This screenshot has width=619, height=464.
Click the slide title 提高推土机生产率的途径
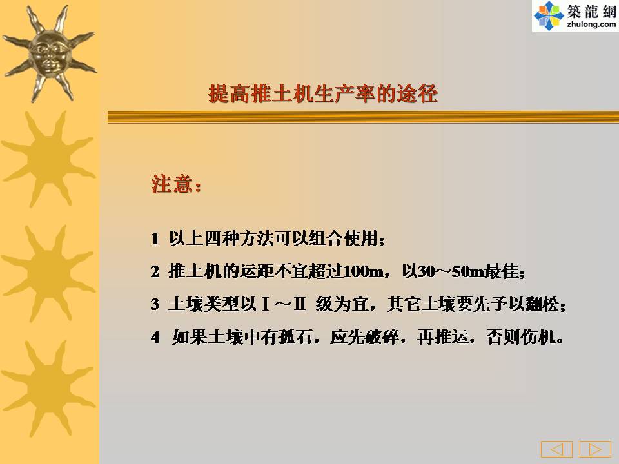click(323, 94)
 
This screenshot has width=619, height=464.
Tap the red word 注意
click(172, 184)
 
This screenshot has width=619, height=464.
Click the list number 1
click(155, 238)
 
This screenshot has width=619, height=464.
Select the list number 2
click(155, 271)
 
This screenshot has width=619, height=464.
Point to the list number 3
click(155, 304)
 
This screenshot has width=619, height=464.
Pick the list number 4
click(155, 337)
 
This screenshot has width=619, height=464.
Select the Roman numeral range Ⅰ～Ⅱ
click(284, 304)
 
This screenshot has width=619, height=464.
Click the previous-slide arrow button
click(556, 449)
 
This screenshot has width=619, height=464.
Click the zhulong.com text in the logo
click(591, 24)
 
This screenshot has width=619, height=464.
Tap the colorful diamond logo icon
click(548, 15)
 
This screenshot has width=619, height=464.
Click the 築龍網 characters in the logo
click(592, 12)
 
